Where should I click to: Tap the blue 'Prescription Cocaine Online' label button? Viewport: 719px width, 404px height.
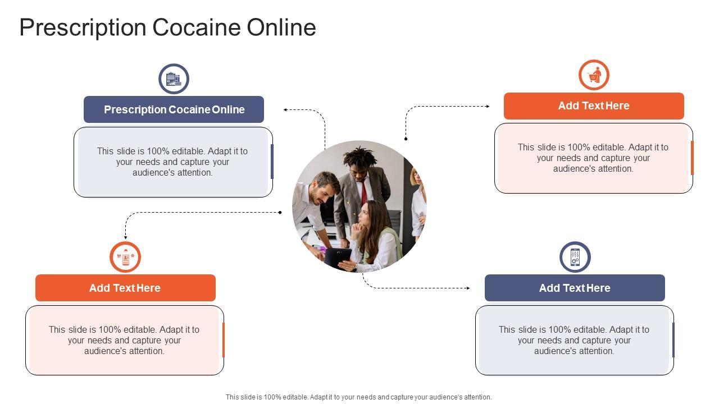[x=174, y=109]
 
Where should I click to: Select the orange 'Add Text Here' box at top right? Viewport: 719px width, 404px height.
[x=594, y=106]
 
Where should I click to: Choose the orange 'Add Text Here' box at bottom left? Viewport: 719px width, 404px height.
[x=125, y=288]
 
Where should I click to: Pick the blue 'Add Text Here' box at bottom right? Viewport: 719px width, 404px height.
[x=575, y=288]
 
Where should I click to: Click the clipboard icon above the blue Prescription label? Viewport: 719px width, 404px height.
[x=174, y=79]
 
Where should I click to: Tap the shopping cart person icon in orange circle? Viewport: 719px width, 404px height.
[x=594, y=75]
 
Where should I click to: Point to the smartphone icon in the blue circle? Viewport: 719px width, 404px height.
[x=575, y=257]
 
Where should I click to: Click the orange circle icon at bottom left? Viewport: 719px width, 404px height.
[x=125, y=257]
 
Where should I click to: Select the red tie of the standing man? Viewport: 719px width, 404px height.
[x=363, y=191]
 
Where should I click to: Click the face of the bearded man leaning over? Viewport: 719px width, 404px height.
[x=325, y=191]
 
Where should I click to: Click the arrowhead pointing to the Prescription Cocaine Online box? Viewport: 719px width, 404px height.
[x=286, y=110]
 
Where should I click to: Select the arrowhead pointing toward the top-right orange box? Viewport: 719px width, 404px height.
[x=487, y=106]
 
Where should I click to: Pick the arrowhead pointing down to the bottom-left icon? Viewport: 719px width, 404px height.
[x=125, y=238]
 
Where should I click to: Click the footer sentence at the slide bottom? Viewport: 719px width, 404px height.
[x=358, y=397]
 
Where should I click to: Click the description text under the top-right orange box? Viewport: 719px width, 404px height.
[x=593, y=158]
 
